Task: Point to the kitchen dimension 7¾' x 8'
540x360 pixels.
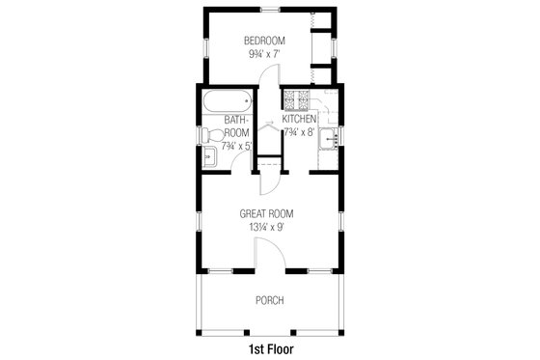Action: (300, 132)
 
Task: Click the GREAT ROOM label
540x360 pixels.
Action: (267, 213)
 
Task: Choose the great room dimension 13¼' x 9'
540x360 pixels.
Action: (267, 228)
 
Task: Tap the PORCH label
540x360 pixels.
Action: (269, 300)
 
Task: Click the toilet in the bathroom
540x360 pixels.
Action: (211, 134)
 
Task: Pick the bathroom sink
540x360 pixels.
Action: (211, 155)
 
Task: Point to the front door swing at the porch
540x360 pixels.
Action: (268, 253)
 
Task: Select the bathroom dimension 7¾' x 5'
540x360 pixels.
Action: (236, 146)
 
